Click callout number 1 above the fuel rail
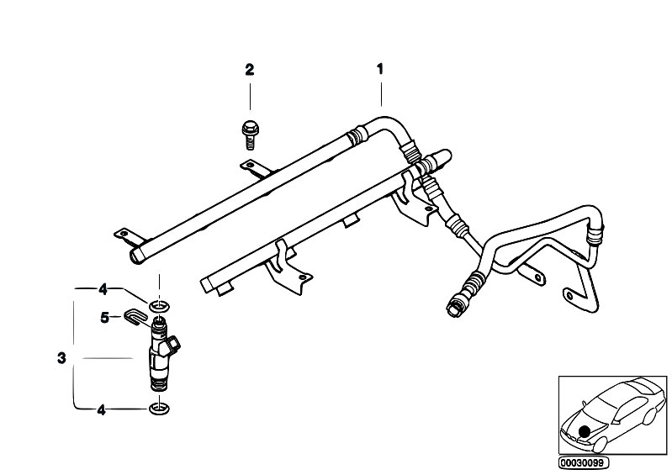pyautogui.click(x=379, y=69)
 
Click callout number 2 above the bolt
pyautogui.click(x=250, y=70)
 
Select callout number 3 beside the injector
pyautogui.click(x=61, y=358)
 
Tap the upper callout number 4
pyautogui.click(x=103, y=289)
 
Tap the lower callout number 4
pyautogui.click(x=101, y=410)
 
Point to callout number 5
pyautogui.click(x=104, y=318)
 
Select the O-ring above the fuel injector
pyautogui.click(x=159, y=306)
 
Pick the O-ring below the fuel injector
pyautogui.click(x=159, y=409)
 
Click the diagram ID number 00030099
pyautogui.click(x=584, y=463)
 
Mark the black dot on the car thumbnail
pyautogui.click(x=584, y=432)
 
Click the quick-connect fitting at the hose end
pyautogui.click(x=456, y=305)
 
